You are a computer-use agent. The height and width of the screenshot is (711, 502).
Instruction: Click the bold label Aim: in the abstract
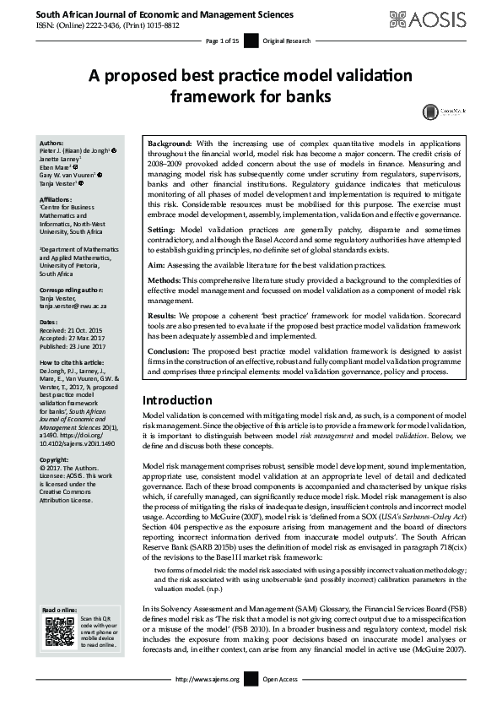(158, 265)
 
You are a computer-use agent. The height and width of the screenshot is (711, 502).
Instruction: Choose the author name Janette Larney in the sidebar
(67, 158)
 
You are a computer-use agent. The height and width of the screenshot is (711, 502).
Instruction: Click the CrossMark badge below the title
(433, 111)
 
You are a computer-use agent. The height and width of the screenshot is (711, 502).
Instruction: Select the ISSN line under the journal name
(100, 24)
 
